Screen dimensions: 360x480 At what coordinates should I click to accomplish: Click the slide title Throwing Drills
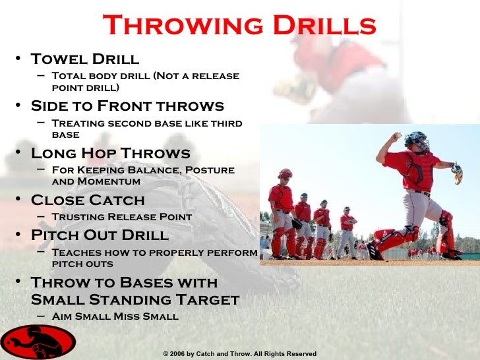(x=239, y=26)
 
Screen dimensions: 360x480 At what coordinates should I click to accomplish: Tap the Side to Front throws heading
(x=127, y=106)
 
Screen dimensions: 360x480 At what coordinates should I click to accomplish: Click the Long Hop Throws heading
(x=111, y=154)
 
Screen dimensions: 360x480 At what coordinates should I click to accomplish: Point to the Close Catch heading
(x=88, y=200)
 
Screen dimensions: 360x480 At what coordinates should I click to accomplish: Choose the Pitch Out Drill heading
(x=100, y=235)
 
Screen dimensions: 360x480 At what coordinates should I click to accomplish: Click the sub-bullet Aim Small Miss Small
(x=115, y=316)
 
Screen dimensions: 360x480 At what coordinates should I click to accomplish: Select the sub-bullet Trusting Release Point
(x=121, y=217)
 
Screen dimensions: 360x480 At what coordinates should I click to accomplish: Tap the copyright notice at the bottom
(x=240, y=354)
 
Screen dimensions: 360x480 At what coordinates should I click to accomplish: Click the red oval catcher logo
(x=38, y=342)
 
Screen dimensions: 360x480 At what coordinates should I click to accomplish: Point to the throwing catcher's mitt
(x=457, y=173)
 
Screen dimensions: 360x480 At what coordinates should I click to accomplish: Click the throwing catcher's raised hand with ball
(x=396, y=136)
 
